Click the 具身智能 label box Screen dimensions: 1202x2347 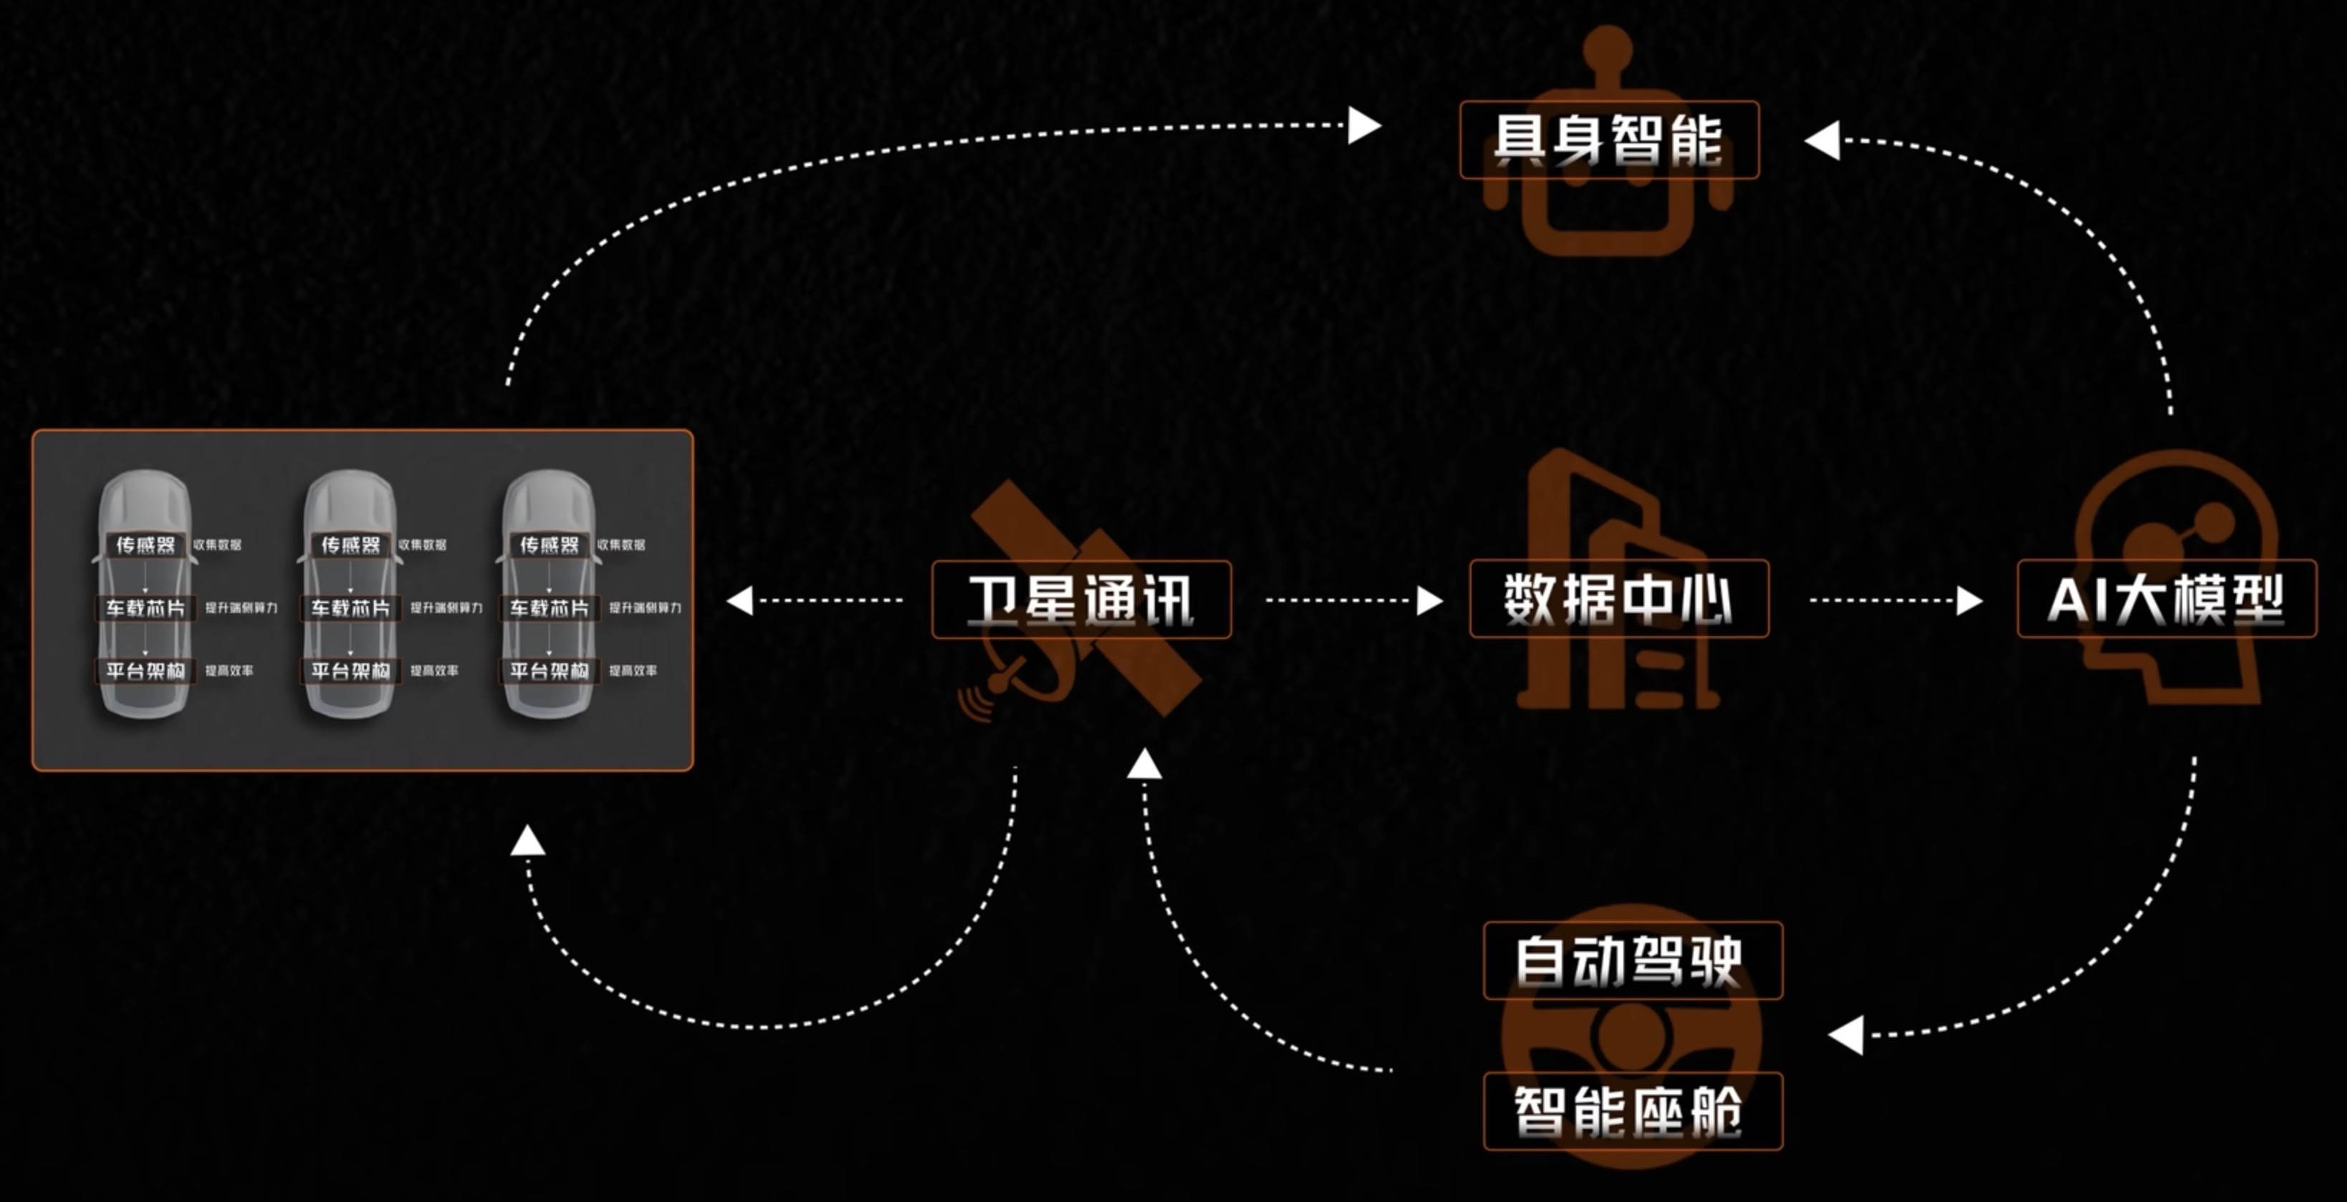pyautogui.click(x=1609, y=140)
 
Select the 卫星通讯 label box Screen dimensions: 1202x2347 pyautogui.click(x=1082, y=600)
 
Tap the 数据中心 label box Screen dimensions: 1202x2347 pyautogui.click(x=1619, y=599)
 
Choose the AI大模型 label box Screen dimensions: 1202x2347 pyautogui.click(x=2166, y=599)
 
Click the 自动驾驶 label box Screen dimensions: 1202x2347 pyautogui.click(x=1633, y=961)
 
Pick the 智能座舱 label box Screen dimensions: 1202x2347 pyautogui.click(x=1633, y=1112)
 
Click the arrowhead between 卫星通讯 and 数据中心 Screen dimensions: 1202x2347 pyautogui.click(x=1429, y=600)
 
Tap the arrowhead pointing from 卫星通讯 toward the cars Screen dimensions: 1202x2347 pyautogui.click(x=740, y=600)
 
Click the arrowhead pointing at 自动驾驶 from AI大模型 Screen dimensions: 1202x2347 pyautogui.click(x=1846, y=1035)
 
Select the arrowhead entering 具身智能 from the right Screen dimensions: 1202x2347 pyautogui.click(x=1822, y=141)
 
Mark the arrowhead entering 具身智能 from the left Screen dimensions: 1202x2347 pyautogui.click(x=1364, y=126)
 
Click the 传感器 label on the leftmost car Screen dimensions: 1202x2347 pyautogui.click(x=145, y=545)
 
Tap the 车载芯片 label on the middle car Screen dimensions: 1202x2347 pyautogui.click(x=350, y=608)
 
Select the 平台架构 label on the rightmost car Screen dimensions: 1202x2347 pyautogui.click(x=549, y=670)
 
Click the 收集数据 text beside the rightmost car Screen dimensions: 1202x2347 pyautogui.click(x=621, y=545)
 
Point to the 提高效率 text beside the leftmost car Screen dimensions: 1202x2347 pyautogui.click(x=229, y=670)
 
